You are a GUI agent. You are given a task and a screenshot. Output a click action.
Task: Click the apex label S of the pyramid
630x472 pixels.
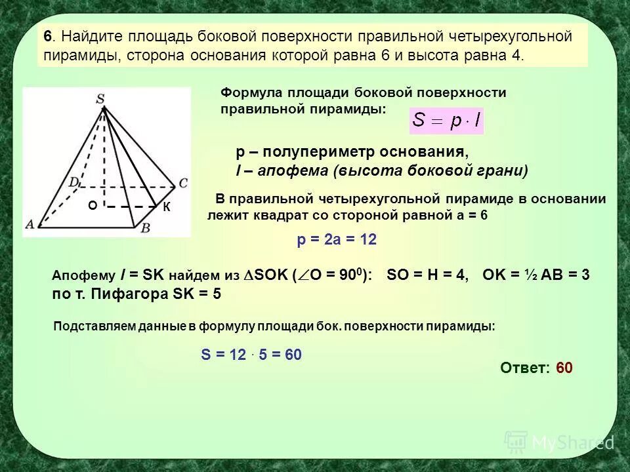pos(100,99)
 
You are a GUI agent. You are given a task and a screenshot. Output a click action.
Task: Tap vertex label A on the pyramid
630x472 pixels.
pos(30,224)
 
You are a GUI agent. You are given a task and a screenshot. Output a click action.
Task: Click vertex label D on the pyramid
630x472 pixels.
pos(75,180)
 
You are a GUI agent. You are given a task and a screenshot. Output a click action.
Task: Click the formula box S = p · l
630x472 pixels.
pos(446,121)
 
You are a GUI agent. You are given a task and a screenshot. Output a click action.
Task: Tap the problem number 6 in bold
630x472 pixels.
pos(48,36)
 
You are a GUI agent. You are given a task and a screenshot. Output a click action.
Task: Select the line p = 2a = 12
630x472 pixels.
pos(337,241)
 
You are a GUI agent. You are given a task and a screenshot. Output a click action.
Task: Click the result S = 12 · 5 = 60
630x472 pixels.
pos(251,355)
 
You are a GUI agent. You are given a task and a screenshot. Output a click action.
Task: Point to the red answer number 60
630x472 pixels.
pos(564,368)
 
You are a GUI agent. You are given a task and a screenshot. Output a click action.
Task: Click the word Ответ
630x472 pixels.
pos(524,368)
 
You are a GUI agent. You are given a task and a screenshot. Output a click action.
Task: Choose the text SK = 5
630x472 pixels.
pos(196,294)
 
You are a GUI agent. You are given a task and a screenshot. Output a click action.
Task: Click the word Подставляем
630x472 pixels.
pos(89,326)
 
